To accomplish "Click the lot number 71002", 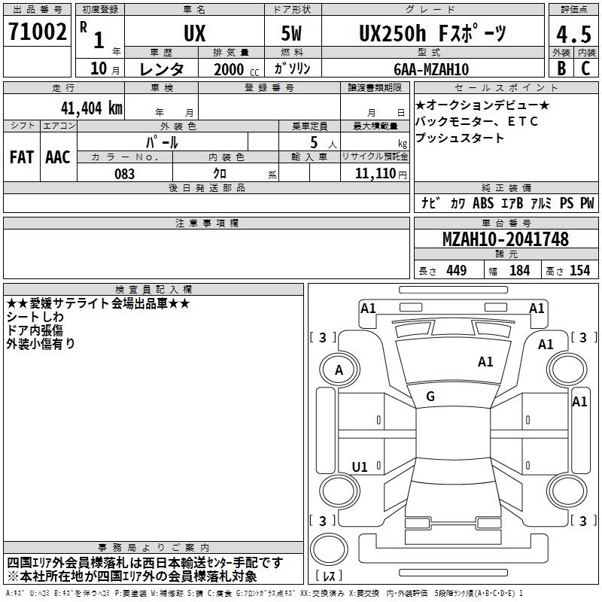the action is point(37,32).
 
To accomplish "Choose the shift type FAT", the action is point(21,157).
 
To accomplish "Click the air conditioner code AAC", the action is point(58,157).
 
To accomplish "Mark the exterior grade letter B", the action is point(561,68).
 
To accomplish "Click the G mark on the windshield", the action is point(430,397).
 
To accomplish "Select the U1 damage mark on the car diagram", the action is point(360,467).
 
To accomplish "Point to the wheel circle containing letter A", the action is point(339,369).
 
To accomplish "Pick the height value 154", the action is point(579,271).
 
